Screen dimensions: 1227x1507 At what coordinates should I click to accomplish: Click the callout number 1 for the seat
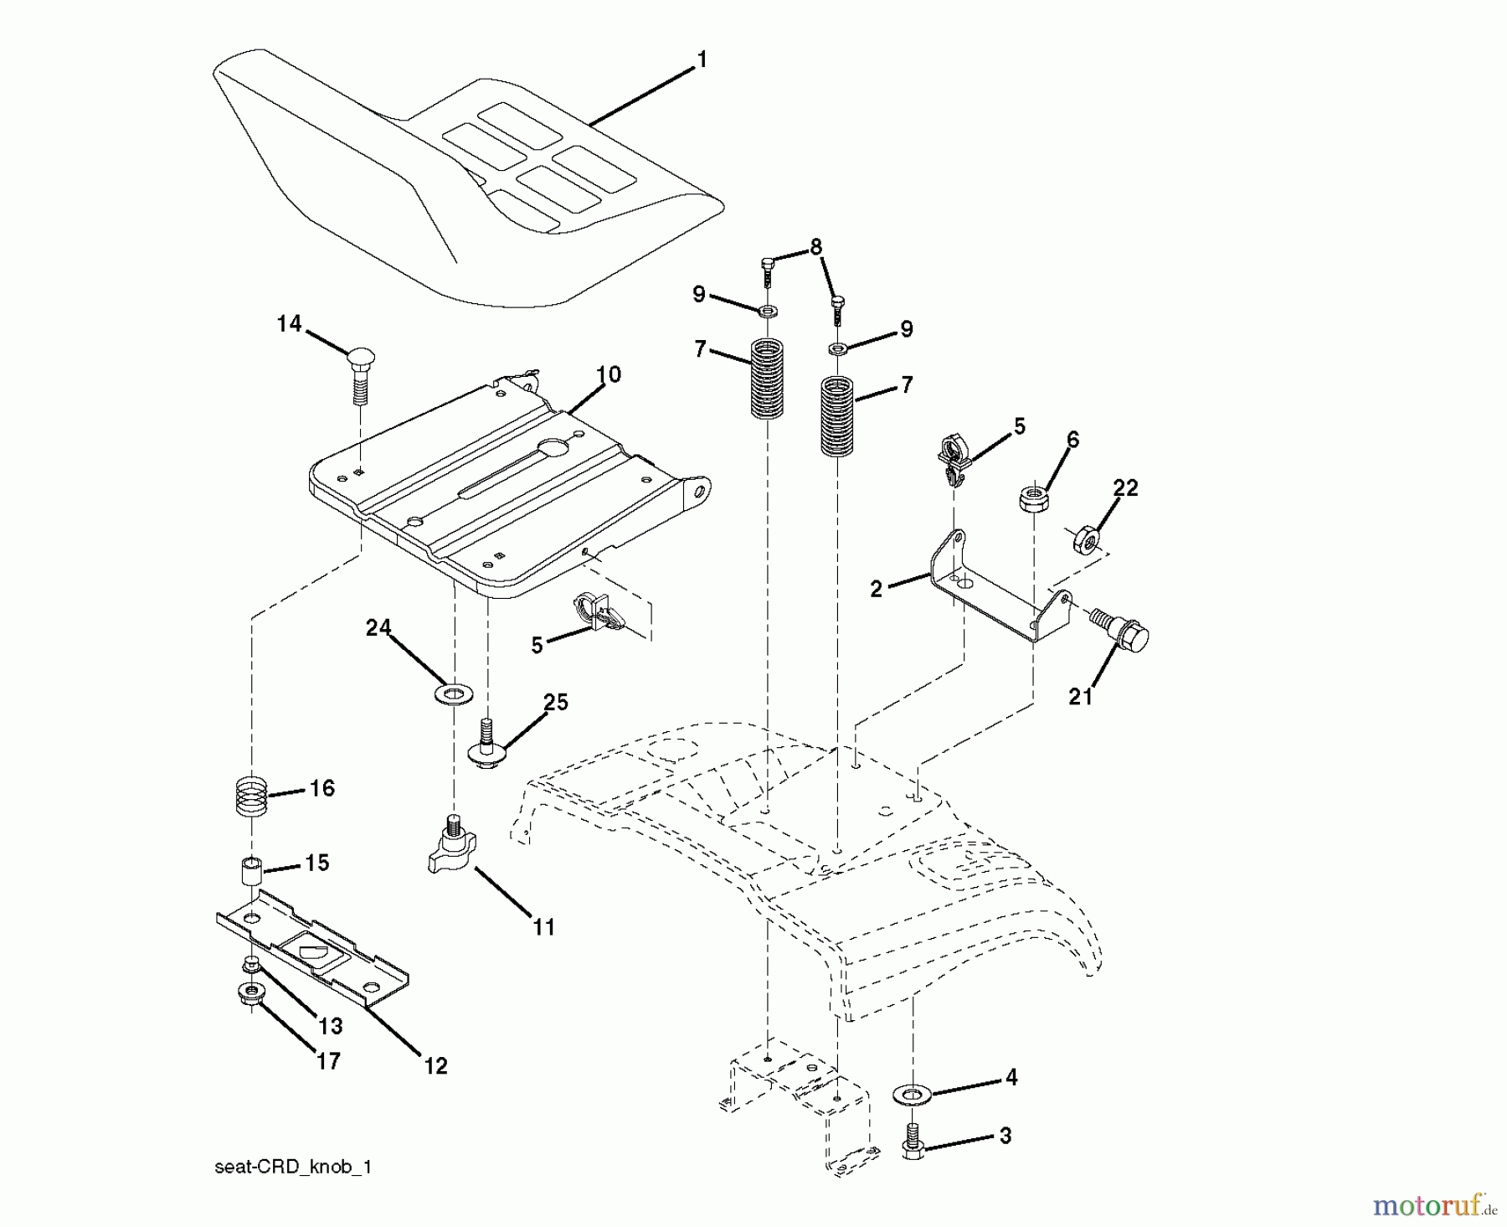[x=702, y=59]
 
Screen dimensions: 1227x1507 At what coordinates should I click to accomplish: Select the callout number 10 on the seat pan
[x=609, y=374]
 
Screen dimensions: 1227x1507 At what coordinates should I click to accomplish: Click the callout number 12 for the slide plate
[x=435, y=1065]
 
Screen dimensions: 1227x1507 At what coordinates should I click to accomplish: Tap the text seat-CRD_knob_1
[x=292, y=1167]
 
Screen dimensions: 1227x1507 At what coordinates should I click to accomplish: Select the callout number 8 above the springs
[x=815, y=246]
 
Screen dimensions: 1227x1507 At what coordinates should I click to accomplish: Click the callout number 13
[x=330, y=1025]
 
